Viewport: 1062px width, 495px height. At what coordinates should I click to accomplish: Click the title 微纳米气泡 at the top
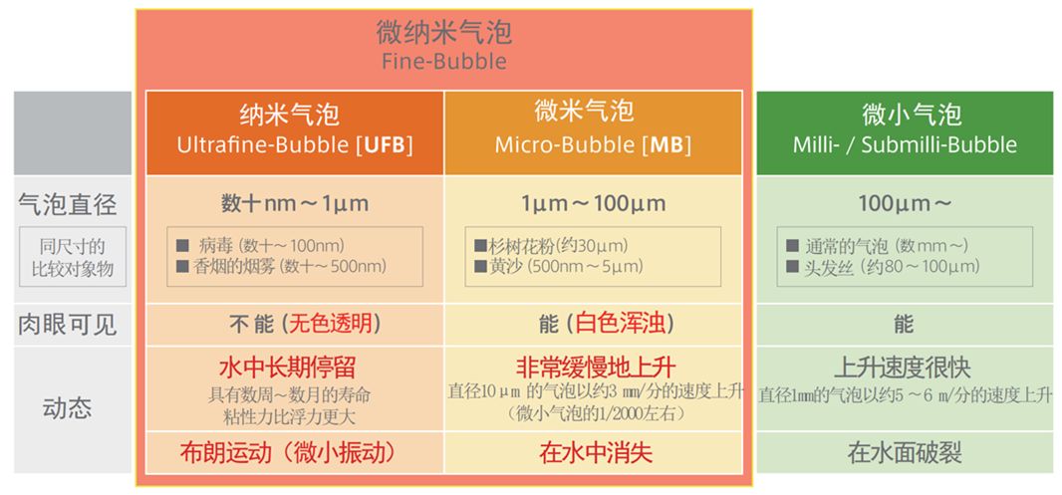tap(443, 32)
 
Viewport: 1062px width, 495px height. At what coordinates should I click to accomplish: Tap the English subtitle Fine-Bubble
tap(443, 62)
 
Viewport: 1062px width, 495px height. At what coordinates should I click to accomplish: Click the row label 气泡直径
tap(68, 204)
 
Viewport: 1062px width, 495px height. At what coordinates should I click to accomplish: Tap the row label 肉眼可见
tap(68, 325)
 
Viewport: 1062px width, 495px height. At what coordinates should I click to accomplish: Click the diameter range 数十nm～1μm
tap(295, 203)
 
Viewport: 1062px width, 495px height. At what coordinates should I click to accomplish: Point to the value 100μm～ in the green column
tap(905, 203)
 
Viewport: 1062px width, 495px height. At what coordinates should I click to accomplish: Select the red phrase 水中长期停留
tap(287, 368)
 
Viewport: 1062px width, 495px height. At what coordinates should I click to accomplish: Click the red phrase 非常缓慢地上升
tap(596, 368)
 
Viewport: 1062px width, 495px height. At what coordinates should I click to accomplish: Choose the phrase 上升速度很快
tap(903, 368)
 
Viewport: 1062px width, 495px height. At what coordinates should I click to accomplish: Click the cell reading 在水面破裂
tap(905, 453)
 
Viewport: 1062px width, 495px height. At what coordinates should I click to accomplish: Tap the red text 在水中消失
tap(596, 453)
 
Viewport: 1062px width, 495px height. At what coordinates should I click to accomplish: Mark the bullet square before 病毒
tap(182, 245)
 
